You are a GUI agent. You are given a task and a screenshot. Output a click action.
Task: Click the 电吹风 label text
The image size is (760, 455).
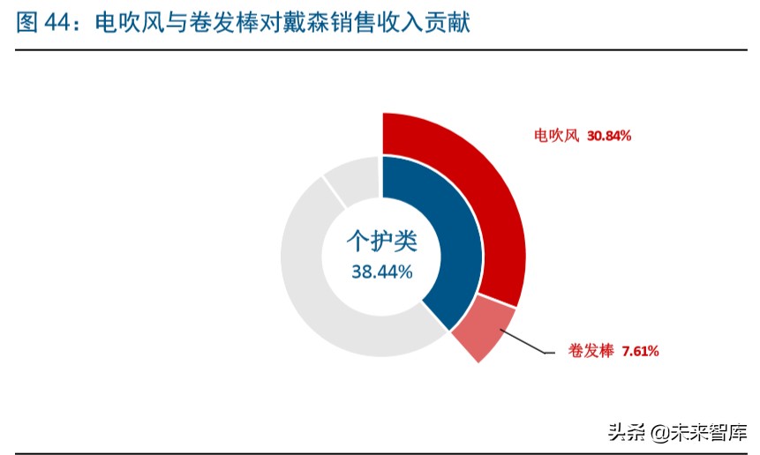click(556, 136)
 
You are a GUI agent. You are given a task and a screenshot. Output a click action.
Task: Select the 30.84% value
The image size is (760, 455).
click(609, 136)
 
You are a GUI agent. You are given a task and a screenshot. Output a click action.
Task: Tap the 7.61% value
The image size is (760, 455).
click(640, 351)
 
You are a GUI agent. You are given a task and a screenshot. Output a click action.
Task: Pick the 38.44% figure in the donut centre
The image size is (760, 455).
click(381, 272)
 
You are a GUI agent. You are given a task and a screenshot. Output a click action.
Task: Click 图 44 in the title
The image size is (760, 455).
click(44, 23)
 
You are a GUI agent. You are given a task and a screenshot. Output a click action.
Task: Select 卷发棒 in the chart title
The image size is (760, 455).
click(213, 23)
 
